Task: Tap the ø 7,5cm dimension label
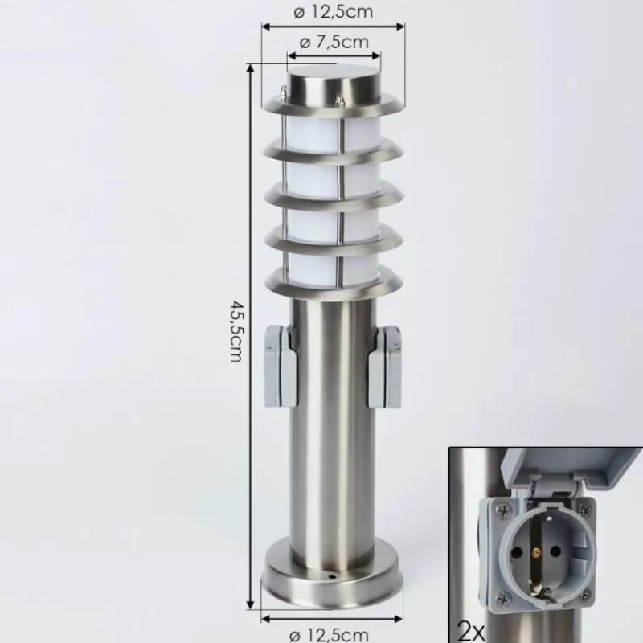(334, 43)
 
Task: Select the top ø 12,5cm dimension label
(334, 12)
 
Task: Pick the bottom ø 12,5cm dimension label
(334, 634)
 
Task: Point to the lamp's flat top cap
(333, 84)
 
